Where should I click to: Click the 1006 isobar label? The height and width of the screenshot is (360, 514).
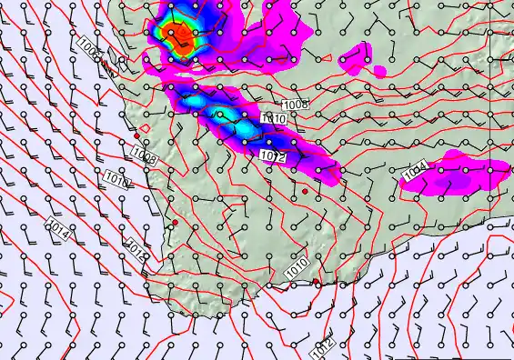[x=91, y=48]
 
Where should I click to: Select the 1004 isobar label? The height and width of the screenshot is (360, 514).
[x=416, y=169]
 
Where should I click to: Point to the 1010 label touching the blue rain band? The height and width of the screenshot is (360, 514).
[x=274, y=118]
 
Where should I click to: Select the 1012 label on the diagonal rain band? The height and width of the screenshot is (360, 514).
[x=274, y=157]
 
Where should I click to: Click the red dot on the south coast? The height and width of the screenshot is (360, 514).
[x=315, y=283]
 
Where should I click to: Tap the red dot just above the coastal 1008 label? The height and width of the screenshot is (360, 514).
[x=137, y=135]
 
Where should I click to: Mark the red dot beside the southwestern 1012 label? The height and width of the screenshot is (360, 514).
[x=175, y=222]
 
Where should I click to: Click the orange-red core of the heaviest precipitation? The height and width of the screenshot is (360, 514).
[x=182, y=35]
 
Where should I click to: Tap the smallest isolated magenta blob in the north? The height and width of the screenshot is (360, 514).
[x=379, y=71]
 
